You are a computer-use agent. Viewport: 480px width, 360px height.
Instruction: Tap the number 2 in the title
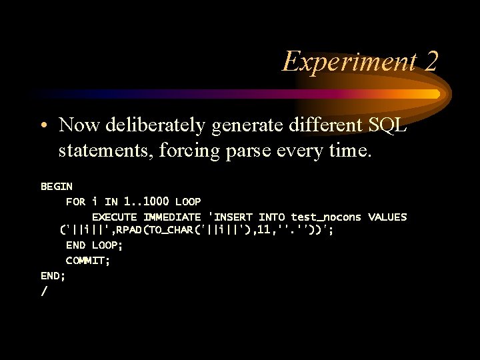[430, 61]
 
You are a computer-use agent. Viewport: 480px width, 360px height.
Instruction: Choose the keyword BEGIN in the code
[57, 187]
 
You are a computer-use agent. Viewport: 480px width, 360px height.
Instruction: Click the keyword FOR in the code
[75, 201]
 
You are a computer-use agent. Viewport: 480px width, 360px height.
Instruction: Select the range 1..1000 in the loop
[147, 201]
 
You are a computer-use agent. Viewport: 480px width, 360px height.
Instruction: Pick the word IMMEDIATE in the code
[172, 217]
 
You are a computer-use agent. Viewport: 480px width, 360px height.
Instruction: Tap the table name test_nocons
[325, 217]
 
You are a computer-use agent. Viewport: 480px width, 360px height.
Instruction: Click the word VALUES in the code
[387, 217]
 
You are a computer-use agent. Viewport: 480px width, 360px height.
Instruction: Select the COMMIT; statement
[88, 260]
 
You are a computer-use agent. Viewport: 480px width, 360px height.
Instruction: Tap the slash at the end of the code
[44, 291]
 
